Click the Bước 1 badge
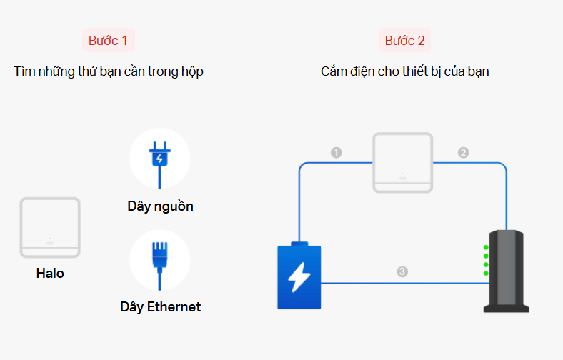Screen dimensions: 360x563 [x=108, y=41]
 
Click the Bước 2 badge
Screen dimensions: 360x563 [x=404, y=41]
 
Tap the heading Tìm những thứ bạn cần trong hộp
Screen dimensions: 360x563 [x=109, y=71]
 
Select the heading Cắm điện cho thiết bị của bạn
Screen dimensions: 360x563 [x=404, y=71]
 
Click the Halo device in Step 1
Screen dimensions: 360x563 [x=50, y=227]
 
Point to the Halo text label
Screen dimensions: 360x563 [x=50, y=273]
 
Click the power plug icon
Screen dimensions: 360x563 [x=159, y=158]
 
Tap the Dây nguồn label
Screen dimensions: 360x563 [x=160, y=207]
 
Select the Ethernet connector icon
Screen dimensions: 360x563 [x=159, y=259]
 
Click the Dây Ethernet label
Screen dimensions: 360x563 [x=160, y=307]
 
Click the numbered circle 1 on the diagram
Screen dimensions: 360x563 [x=337, y=153]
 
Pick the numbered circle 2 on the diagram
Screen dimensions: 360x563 [x=463, y=153]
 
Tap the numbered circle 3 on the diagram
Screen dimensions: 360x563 [x=402, y=271]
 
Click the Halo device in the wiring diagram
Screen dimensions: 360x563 [x=403, y=162]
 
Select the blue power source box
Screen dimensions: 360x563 [x=299, y=277]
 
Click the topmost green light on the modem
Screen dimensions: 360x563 [x=486, y=248]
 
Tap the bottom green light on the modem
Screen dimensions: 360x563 [x=486, y=274]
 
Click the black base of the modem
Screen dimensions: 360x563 [x=506, y=307]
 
